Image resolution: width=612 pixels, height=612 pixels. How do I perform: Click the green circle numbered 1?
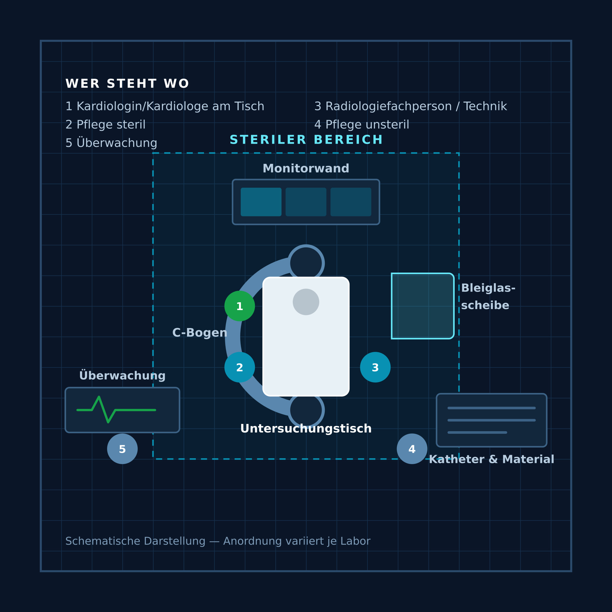point(240,306)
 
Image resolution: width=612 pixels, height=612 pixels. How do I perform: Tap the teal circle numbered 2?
point(240,367)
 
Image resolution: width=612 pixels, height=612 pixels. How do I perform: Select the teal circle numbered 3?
point(375,367)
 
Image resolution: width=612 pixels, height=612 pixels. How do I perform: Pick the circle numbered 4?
point(412,449)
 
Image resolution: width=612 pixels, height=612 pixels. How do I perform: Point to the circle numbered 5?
point(122,449)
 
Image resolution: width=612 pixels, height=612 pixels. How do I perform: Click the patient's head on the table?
point(306,302)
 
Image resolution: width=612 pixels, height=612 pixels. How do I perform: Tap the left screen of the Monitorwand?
point(261,202)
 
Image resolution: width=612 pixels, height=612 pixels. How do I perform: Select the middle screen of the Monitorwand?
point(306,202)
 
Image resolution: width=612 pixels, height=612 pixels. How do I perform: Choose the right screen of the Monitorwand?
point(351,202)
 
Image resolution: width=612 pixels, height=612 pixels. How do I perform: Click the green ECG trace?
point(116,410)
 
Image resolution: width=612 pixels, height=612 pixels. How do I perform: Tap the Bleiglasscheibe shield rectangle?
point(423,306)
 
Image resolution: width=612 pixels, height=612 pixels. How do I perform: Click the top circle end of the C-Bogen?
point(306,263)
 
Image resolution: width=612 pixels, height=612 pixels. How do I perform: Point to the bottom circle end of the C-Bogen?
point(306,410)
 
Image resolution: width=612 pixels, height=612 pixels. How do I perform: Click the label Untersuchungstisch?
point(306,429)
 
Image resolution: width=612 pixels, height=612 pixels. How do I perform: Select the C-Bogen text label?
point(200,333)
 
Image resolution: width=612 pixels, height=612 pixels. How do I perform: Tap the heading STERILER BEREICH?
point(306,140)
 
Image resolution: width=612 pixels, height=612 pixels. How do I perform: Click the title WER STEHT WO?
point(127,84)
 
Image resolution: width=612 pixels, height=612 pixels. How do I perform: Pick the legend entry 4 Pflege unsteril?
point(362,125)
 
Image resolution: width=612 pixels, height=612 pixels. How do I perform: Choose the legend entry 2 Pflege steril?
point(105,125)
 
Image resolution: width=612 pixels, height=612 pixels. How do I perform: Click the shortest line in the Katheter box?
point(477,432)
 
